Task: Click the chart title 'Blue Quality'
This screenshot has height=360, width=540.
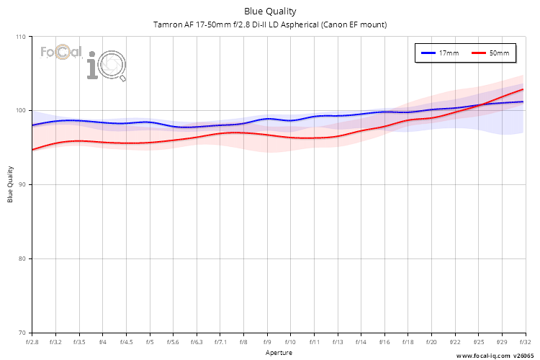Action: coord(270,11)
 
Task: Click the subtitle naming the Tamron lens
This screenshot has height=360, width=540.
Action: coord(270,24)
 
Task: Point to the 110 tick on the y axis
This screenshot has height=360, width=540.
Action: coord(19,37)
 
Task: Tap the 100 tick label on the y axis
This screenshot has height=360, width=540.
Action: coord(19,111)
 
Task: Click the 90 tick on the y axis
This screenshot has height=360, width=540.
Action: coord(21,185)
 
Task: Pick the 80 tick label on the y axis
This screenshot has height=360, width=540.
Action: coord(21,259)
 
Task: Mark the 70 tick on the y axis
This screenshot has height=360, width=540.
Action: coord(21,333)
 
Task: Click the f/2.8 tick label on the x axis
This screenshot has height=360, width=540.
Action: coord(32,343)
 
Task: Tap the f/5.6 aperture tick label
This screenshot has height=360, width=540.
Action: coord(174,343)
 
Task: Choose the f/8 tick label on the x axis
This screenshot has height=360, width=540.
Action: coord(244,343)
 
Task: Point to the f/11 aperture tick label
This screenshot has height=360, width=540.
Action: coord(315,343)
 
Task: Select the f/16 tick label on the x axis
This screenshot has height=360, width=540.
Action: coord(384,343)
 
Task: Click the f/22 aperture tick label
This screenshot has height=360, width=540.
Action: coord(455,343)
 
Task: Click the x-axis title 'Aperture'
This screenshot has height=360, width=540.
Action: coord(279,353)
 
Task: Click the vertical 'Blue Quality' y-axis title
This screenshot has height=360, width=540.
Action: coord(10,185)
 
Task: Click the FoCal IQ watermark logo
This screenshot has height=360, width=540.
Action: coord(83,61)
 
